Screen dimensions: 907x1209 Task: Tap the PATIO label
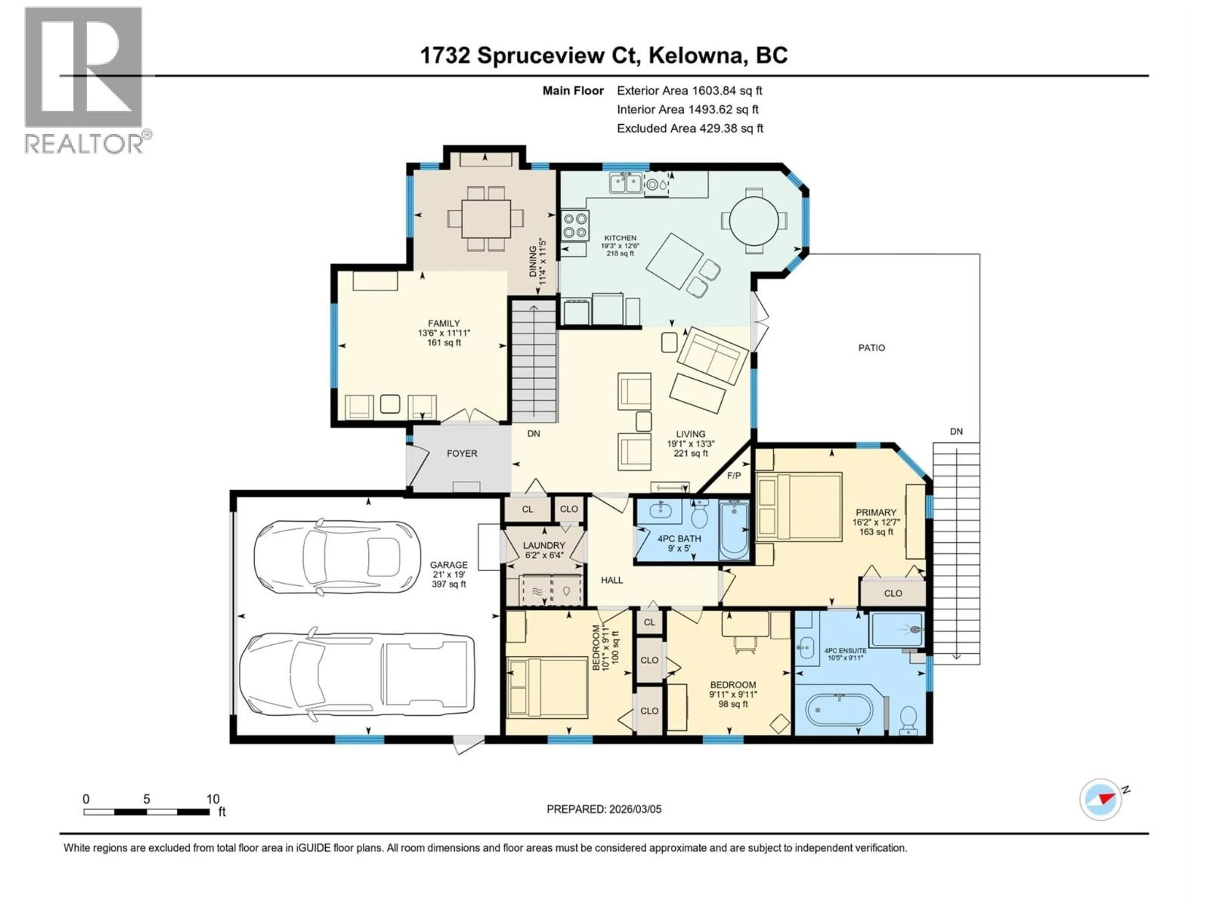tap(871, 348)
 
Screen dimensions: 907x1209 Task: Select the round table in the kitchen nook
tap(754, 221)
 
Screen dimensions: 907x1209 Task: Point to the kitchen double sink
tap(626, 183)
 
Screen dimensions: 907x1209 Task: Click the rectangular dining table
tap(486, 219)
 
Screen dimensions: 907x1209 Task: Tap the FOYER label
tap(462, 453)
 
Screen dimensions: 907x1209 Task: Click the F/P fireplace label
tap(734, 476)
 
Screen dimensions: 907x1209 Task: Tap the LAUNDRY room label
tap(544, 545)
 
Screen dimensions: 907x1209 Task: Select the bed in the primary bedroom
tap(799, 507)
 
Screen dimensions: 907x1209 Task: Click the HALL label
tap(612, 580)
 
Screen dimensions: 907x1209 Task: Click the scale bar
tap(146, 812)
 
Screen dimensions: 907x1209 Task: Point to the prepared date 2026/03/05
tap(604, 809)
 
